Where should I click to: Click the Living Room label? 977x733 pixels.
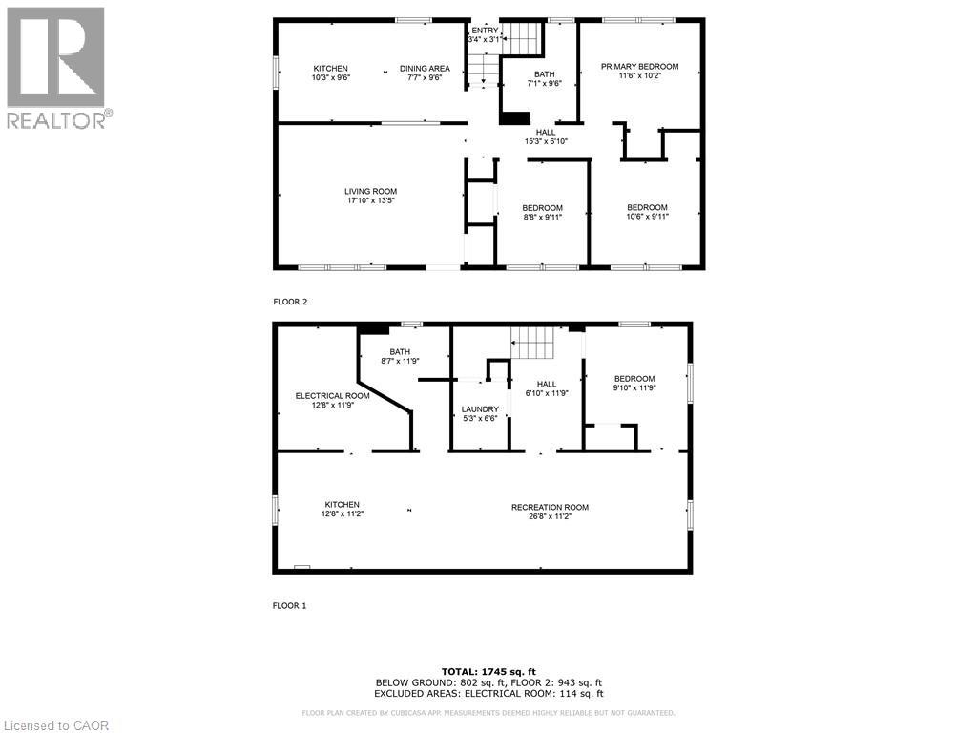pos(370,191)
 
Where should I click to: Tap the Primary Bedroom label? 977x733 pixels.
pos(639,66)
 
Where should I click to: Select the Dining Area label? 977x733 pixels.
pos(425,68)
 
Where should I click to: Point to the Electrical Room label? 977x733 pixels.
pos(332,395)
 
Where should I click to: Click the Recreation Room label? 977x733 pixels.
pos(550,507)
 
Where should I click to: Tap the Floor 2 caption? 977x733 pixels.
pos(291,302)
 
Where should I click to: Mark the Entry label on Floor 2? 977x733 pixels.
pos(484,30)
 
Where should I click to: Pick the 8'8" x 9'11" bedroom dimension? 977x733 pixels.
pos(542,217)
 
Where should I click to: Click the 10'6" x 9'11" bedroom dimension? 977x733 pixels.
pos(647,217)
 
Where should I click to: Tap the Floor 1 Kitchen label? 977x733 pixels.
pos(342,504)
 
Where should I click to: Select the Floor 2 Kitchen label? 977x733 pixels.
pos(331,68)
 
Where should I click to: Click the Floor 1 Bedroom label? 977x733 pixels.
pos(634,378)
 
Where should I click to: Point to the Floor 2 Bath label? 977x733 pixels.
pos(545,73)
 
